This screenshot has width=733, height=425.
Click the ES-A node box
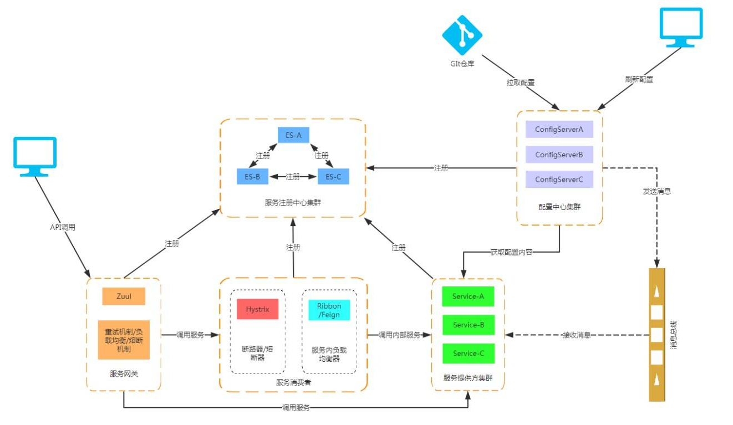point(293,135)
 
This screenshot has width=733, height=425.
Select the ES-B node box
point(252,177)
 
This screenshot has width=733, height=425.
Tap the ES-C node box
point(333,177)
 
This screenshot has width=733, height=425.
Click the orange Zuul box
point(124,296)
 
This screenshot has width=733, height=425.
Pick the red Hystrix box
point(257,309)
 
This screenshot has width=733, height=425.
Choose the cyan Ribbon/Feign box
point(329,310)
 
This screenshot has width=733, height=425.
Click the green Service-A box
point(468,296)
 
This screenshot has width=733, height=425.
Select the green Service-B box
point(469,325)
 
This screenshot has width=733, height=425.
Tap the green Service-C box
point(469,353)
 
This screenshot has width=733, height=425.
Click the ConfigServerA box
point(559,129)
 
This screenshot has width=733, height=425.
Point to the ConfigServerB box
point(559,154)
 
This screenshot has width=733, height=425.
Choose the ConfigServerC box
point(559,179)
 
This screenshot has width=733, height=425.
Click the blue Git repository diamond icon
point(462,35)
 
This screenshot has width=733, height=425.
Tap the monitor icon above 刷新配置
point(681,28)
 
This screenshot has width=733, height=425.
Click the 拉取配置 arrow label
point(520,83)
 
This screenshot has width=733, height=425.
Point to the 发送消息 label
point(656,191)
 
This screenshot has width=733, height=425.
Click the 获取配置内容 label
point(511,252)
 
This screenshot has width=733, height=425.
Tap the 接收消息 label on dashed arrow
point(576,335)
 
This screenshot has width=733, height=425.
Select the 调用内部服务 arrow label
point(399,335)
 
